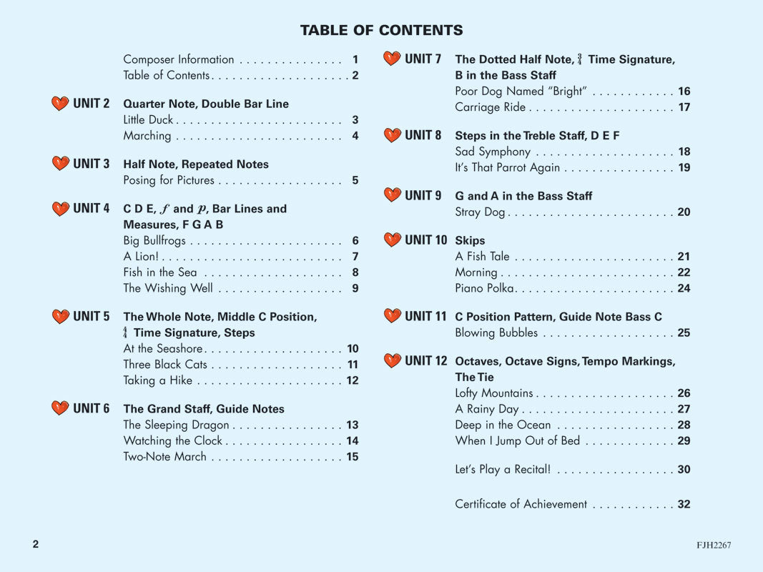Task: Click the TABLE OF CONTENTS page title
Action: (x=381, y=30)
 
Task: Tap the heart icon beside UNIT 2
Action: (x=60, y=104)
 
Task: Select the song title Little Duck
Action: (x=148, y=120)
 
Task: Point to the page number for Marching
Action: (x=355, y=136)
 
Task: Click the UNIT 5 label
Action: (x=91, y=316)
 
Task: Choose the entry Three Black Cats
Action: (x=165, y=365)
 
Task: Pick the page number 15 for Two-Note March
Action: (x=353, y=457)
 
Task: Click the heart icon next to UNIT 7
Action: (x=392, y=59)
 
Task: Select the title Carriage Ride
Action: (x=490, y=107)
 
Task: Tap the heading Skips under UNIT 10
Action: (x=470, y=241)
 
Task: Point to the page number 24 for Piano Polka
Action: (x=684, y=289)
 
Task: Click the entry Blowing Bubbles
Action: (x=496, y=333)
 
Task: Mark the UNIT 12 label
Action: (x=425, y=361)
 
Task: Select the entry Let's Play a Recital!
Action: (x=503, y=470)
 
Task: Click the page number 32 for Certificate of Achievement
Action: (x=684, y=504)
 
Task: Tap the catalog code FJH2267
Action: (x=714, y=545)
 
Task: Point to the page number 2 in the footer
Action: (x=36, y=544)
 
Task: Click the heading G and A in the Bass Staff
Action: (x=523, y=196)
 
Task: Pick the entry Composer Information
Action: (x=178, y=59)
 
